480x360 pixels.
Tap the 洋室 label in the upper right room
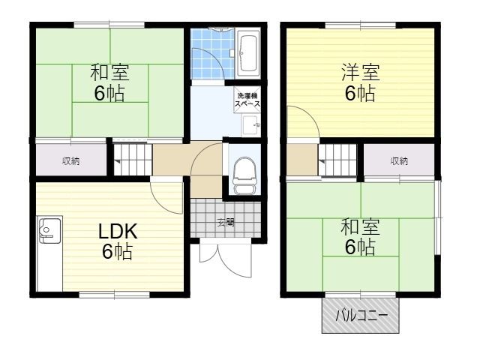coord(360,73)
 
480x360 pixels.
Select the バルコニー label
coord(361,316)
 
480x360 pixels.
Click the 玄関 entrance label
coord(225,222)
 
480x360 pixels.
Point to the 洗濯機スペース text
coord(247,100)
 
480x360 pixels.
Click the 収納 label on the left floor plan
coord(71,160)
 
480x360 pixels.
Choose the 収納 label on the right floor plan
coord(399,160)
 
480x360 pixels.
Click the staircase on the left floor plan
coord(131,160)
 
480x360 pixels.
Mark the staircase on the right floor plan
coord(338,160)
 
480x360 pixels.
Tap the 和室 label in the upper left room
coord(109,73)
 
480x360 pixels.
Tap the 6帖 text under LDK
coord(117,252)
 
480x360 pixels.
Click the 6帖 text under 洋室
coord(360,94)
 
